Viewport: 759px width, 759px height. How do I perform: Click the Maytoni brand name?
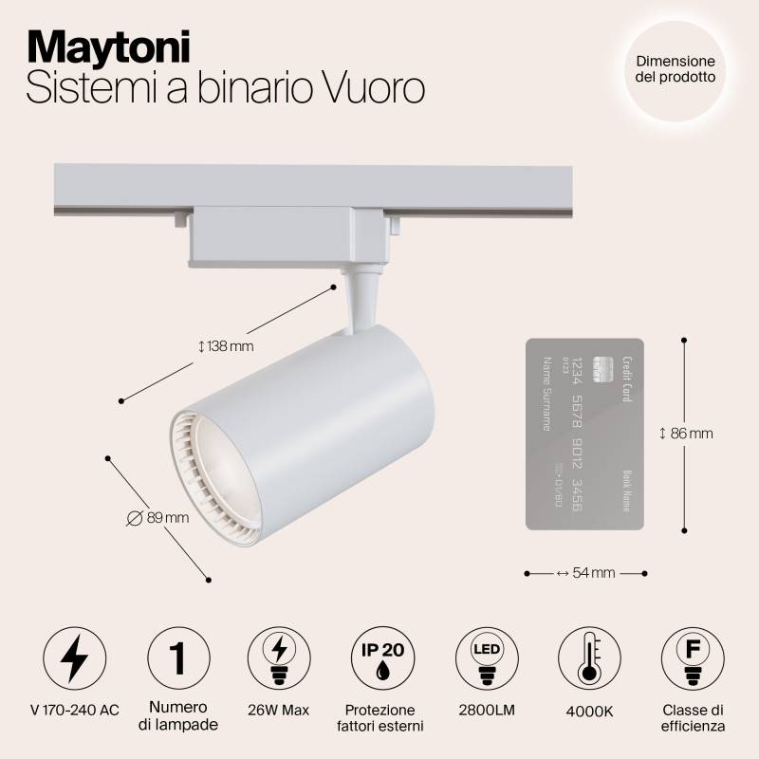pyautogui.click(x=107, y=45)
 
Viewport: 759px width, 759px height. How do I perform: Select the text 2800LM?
pyautogui.click(x=485, y=711)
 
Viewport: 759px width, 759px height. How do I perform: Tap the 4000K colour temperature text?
pyautogui.click(x=587, y=711)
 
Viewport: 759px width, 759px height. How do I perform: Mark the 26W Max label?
pyautogui.click(x=278, y=711)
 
